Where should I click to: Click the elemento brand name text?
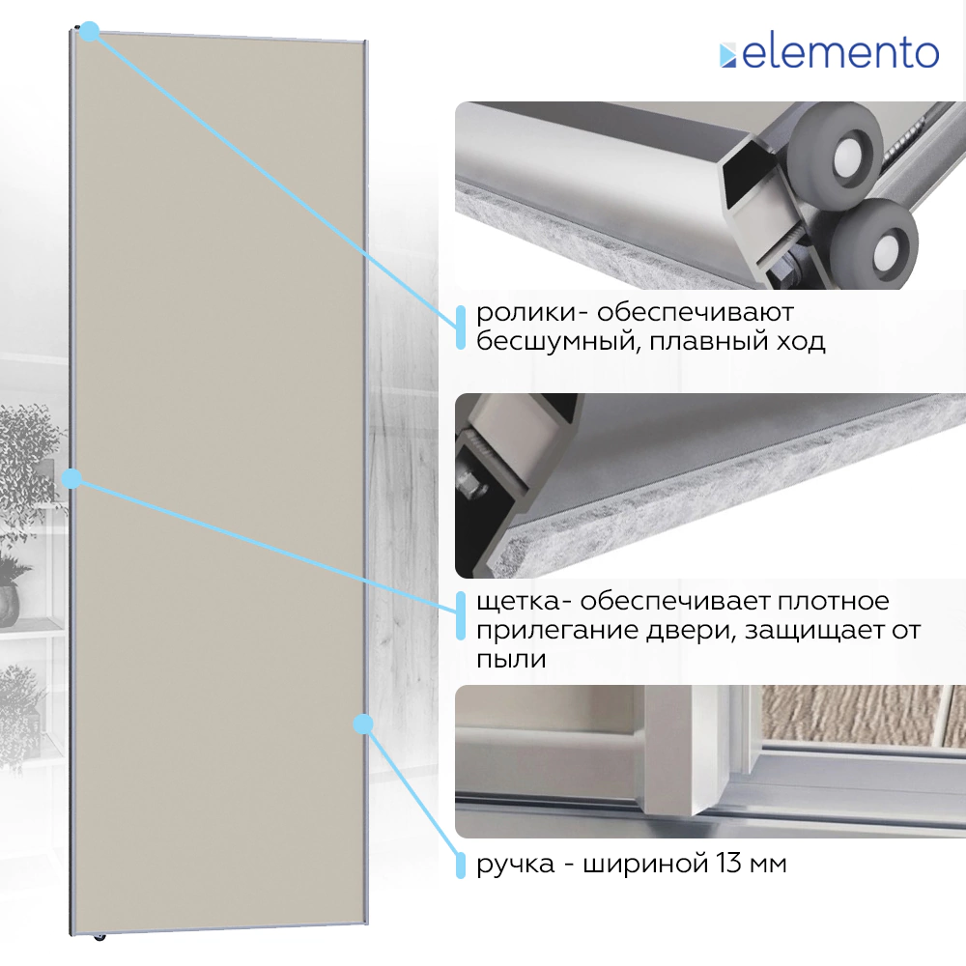(840, 53)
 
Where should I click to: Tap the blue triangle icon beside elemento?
(727, 55)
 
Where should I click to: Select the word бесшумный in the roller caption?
(553, 341)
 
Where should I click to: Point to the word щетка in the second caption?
(518, 602)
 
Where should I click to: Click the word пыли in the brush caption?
(511, 659)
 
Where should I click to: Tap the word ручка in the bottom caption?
(515, 865)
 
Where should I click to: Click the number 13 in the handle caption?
(728, 863)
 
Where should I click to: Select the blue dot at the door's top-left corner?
(90, 32)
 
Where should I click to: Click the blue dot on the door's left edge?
(72, 478)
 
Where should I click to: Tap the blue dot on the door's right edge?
(363, 724)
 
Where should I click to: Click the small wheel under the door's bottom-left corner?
(99, 938)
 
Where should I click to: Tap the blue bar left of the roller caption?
(460, 327)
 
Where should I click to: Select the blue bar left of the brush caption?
(460, 615)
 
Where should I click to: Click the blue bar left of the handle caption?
(460, 865)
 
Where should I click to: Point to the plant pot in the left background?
(9, 605)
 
